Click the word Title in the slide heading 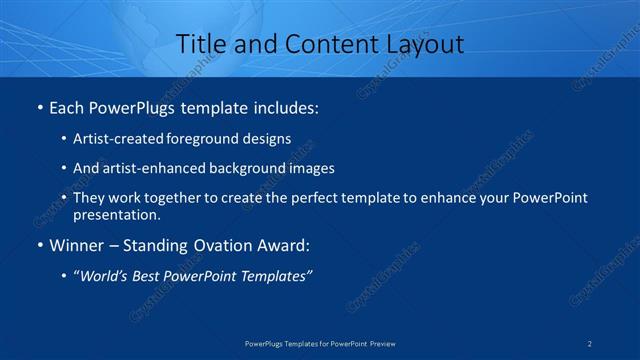coord(198,44)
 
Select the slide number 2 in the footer coord(591,343)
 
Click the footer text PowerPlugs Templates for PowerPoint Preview coord(320,343)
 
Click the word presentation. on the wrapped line coord(117,215)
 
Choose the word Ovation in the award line coord(228,246)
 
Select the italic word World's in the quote coord(106,277)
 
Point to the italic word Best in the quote coord(151,277)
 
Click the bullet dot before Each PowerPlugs coord(39,107)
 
